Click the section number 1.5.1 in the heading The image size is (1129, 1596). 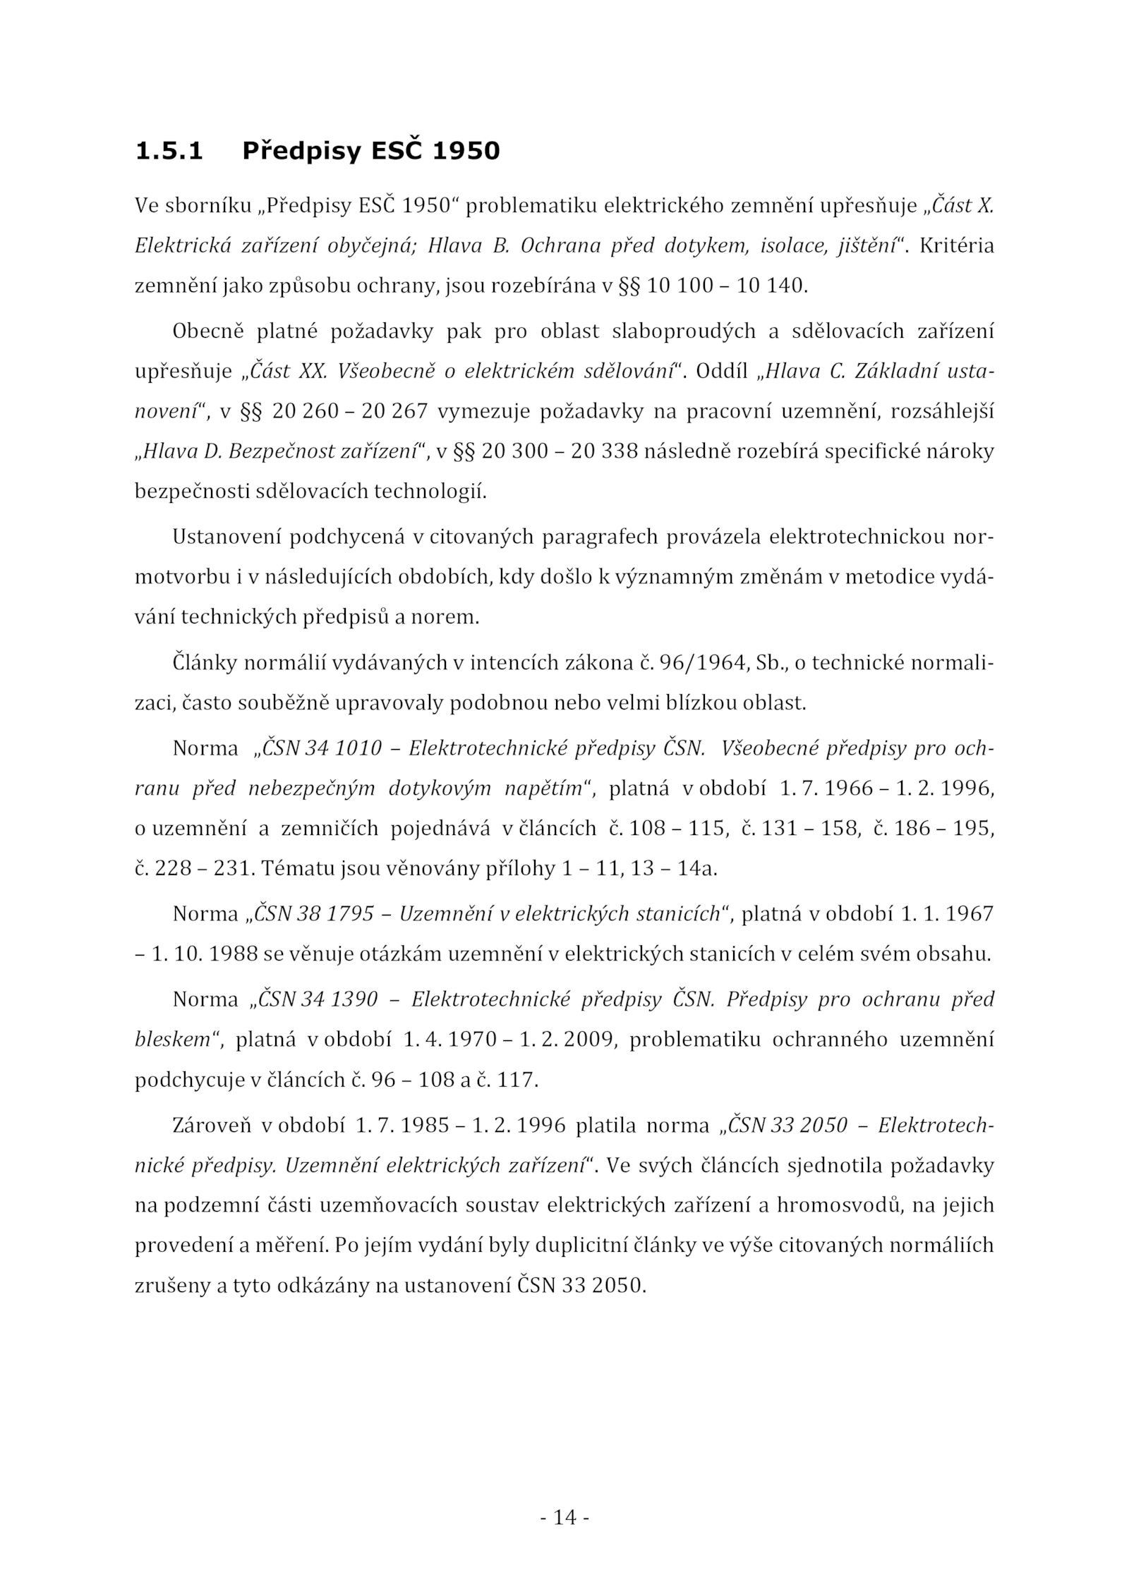click(x=169, y=151)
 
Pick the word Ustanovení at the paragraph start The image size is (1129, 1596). click(x=226, y=537)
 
